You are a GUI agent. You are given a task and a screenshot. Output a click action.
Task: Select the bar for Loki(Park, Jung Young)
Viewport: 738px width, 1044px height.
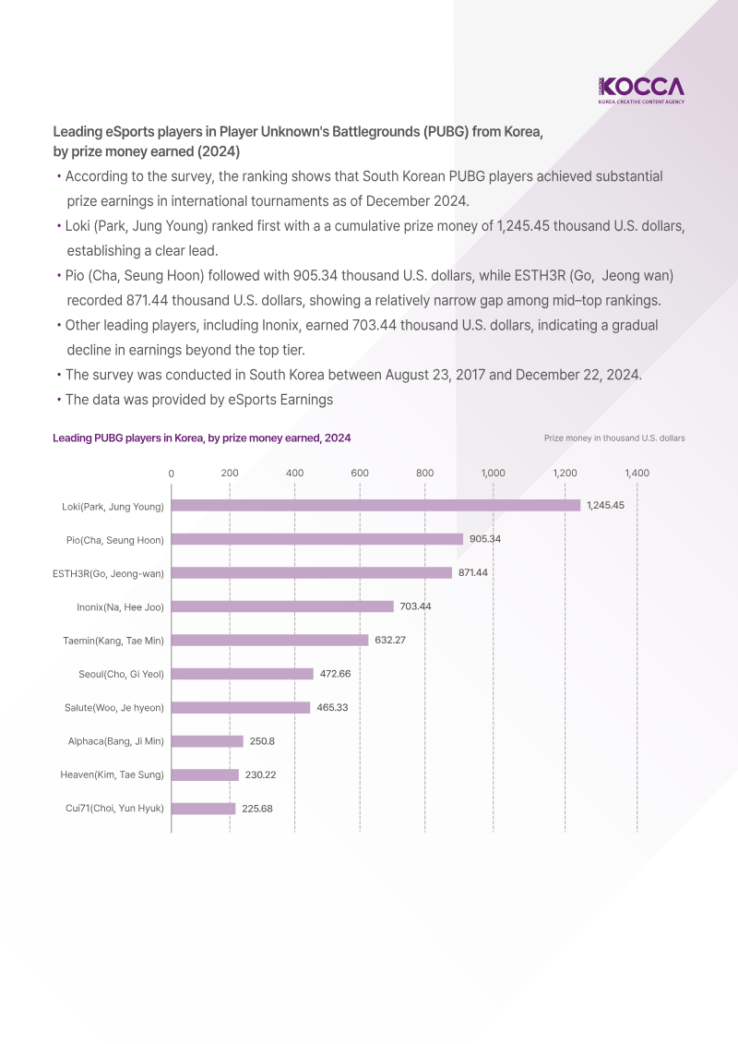(x=375, y=505)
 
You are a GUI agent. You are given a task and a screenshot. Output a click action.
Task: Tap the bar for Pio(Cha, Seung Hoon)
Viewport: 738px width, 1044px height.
(x=317, y=539)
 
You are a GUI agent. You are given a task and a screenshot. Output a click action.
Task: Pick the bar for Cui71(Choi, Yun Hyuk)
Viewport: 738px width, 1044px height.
(x=203, y=809)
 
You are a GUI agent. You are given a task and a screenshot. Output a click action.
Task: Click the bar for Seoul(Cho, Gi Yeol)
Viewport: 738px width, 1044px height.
(x=243, y=674)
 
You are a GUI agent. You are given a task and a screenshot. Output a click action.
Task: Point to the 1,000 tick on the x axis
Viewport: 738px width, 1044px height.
(x=493, y=473)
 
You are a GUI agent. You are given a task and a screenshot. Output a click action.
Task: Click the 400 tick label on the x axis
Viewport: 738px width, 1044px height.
(x=294, y=473)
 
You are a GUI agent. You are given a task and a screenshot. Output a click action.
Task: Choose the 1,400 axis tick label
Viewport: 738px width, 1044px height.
(x=637, y=473)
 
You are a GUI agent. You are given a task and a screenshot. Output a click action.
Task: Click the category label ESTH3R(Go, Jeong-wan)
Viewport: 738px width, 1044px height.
(x=108, y=573)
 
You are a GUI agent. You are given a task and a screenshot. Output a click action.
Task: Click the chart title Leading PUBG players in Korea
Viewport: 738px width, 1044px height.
(x=201, y=438)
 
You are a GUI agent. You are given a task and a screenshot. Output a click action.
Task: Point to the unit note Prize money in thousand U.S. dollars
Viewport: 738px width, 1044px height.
(x=614, y=438)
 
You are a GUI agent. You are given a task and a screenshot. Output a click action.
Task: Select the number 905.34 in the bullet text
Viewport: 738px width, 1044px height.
(x=317, y=275)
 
